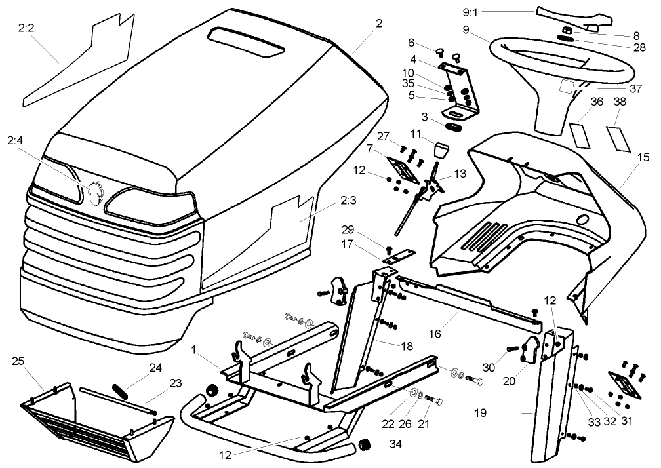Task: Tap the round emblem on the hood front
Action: (x=96, y=193)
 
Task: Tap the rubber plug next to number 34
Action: (x=363, y=445)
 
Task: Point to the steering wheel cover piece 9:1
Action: (x=569, y=17)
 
